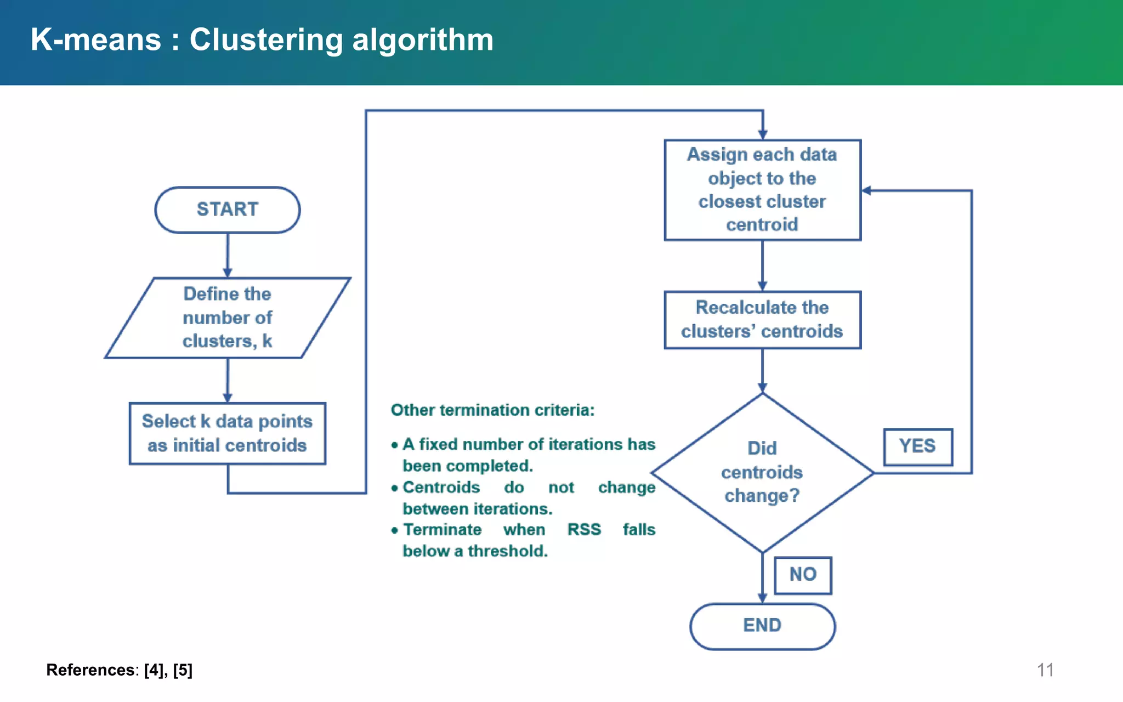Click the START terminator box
coord(227,210)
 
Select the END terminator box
coord(762,626)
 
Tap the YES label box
coord(917,446)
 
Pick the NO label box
coord(803,575)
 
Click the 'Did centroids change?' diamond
coord(762,472)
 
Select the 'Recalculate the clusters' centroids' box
coord(762,320)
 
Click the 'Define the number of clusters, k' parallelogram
coord(227,318)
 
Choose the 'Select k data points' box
coord(227,433)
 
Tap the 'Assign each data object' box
coord(762,190)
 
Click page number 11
coord(1045,670)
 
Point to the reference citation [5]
coord(183,670)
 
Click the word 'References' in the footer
coord(90,670)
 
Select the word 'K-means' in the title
coord(96,40)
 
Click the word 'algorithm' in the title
coord(422,40)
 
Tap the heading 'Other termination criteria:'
coord(492,410)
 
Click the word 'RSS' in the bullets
coord(584,530)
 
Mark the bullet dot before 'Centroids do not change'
coord(394,488)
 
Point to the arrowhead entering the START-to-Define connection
coord(228,273)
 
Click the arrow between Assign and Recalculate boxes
coord(762,265)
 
